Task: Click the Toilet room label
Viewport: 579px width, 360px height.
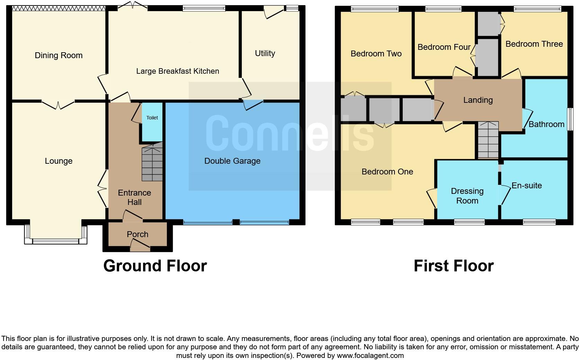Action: [x=152, y=118]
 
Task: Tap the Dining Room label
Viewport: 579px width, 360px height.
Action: [x=59, y=55]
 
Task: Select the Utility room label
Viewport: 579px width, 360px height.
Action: [x=265, y=53]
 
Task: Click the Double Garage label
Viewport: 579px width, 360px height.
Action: [x=232, y=161]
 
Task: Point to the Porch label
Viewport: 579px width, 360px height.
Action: [x=137, y=234]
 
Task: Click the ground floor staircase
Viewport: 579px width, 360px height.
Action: [x=152, y=163]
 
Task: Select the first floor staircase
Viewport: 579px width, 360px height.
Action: [x=488, y=140]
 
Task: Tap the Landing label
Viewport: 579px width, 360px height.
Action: [x=478, y=100]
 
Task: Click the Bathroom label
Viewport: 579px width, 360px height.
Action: [x=546, y=124]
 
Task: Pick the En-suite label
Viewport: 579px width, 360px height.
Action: [x=526, y=186]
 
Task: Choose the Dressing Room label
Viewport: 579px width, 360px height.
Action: [x=467, y=196]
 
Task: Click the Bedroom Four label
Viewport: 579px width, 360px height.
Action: [x=444, y=47]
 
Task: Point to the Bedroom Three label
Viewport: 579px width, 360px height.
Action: [x=534, y=44]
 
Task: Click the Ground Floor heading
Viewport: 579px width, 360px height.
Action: [x=155, y=266]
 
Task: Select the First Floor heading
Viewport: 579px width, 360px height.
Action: [x=453, y=266]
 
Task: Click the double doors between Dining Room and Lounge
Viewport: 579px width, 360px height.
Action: [x=58, y=103]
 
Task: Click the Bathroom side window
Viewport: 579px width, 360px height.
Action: [x=569, y=119]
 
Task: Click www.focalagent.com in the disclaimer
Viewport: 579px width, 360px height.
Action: [x=370, y=355]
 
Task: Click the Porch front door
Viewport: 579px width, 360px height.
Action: [x=140, y=247]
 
